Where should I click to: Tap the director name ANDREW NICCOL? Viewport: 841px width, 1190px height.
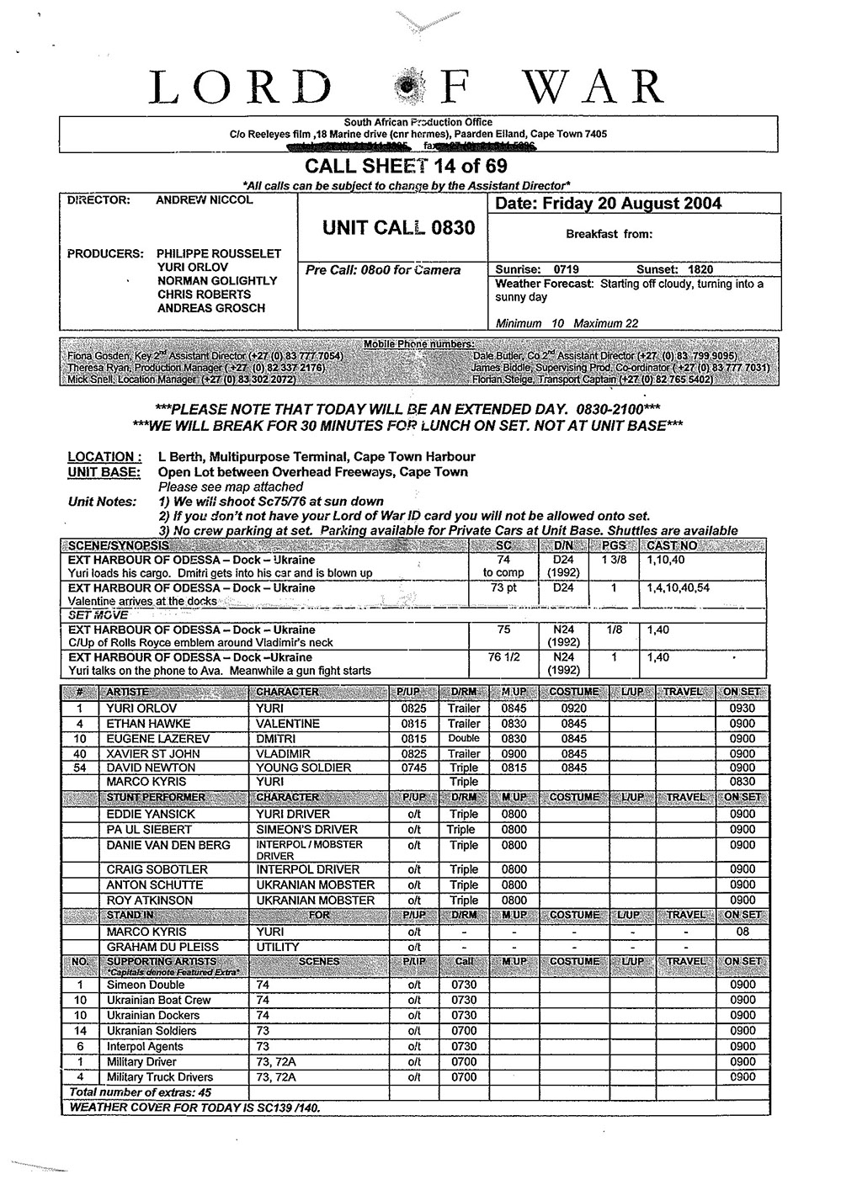click(x=205, y=200)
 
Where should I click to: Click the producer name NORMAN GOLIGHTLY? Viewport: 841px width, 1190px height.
click(x=217, y=280)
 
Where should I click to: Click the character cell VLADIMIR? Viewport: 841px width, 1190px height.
click(x=283, y=753)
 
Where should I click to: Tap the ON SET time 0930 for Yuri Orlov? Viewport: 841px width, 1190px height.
click(x=743, y=708)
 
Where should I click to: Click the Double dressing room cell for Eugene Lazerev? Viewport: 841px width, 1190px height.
click(x=464, y=738)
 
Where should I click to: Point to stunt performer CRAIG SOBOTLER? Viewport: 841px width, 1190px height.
click(x=157, y=869)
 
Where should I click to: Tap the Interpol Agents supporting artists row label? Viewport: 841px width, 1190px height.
click(x=145, y=1046)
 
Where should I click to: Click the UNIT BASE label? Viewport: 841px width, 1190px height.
click(x=104, y=472)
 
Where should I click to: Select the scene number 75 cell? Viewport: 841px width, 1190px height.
click(x=503, y=630)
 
